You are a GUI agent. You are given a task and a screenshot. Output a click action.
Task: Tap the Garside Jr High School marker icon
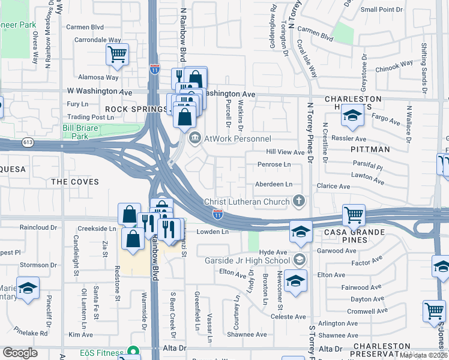coord(298,260)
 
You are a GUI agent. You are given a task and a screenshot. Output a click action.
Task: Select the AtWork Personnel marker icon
coord(194,139)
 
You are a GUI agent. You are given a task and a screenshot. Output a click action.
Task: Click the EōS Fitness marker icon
coord(133,352)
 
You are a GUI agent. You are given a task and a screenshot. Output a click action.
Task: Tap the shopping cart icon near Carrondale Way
coord(118,54)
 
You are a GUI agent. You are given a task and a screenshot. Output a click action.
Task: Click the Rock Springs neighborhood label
coord(136,109)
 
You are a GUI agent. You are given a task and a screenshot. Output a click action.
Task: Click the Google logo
coord(20,352)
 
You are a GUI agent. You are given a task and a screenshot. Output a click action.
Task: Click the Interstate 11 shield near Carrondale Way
coord(155,69)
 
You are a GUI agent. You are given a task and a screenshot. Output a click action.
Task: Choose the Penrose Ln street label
coord(274,164)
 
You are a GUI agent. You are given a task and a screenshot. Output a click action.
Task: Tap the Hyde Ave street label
coord(274,252)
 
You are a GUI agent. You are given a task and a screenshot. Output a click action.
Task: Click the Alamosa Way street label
coord(97,77)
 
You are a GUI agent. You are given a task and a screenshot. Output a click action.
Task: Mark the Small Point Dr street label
coord(382,10)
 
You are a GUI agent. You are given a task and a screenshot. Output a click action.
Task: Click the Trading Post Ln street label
coord(89,117)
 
